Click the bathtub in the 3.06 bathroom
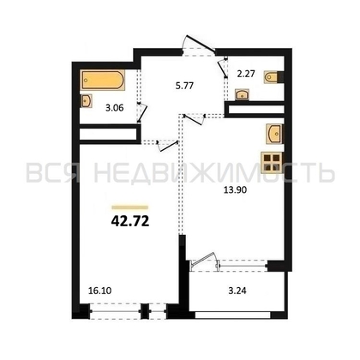tap(103, 80)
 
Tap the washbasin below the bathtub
tap(87, 101)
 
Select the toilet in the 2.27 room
tap(272, 77)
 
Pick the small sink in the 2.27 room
tap(243, 94)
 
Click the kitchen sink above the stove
tap(274, 134)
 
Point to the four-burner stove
tap(272, 163)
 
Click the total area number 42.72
tap(130, 221)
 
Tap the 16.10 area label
tap(99, 291)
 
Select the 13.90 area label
tap(235, 190)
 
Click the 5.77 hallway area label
tap(184, 86)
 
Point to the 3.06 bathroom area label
tap(115, 108)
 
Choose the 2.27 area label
tap(246, 74)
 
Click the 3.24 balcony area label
tap(237, 291)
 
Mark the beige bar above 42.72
tap(130, 207)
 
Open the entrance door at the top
tap(200, 44)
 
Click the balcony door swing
tap(203, 261)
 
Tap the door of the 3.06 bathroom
tap(142, 112)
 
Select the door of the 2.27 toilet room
tap(223, 69)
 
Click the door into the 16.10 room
tap(168, 146)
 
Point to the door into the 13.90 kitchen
tap(195, 119)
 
